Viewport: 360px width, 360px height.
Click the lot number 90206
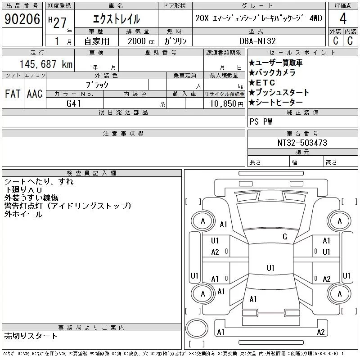[22, 19]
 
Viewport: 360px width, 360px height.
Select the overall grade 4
[343, 18]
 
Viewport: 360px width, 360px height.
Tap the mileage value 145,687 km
[46, 64]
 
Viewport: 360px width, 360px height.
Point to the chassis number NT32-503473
[302, 143]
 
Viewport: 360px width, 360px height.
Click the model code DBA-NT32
[257, 41]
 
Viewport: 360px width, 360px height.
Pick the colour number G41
[74, 103]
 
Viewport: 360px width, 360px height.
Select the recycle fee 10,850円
[226, 104]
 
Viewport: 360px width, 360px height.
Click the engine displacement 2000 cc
[141, 41]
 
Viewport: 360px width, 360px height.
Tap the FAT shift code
[13, 94]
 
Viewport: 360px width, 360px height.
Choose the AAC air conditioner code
[35, 94]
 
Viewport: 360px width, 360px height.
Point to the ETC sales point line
[262, 82]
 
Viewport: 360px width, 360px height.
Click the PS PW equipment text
[261, 121]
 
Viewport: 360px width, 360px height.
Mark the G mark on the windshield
[285, 237]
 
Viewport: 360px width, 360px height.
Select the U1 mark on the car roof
[270, 268]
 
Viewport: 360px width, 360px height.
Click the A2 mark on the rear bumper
[320, 332]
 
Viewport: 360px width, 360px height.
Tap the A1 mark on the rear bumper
[220, 332]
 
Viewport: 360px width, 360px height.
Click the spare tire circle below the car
[197, 328]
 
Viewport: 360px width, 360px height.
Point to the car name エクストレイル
[117, 19]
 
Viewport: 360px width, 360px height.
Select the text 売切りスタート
[31, 336]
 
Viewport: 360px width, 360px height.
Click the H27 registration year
[57, 22]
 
